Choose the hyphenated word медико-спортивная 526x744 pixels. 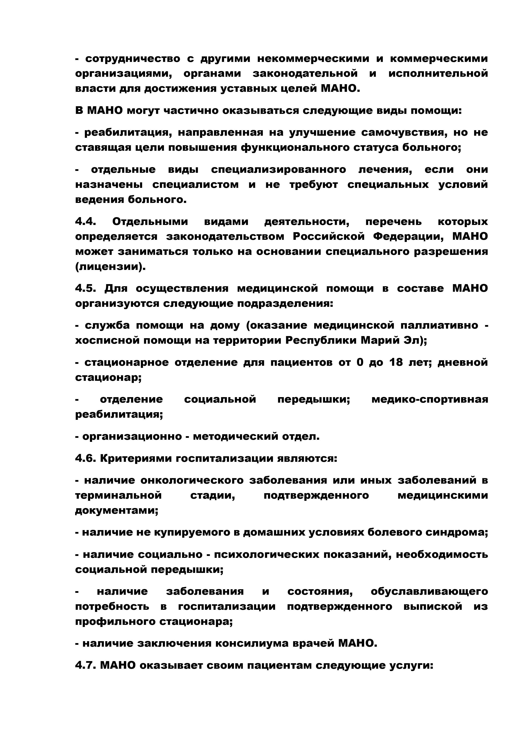pos(429,399)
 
